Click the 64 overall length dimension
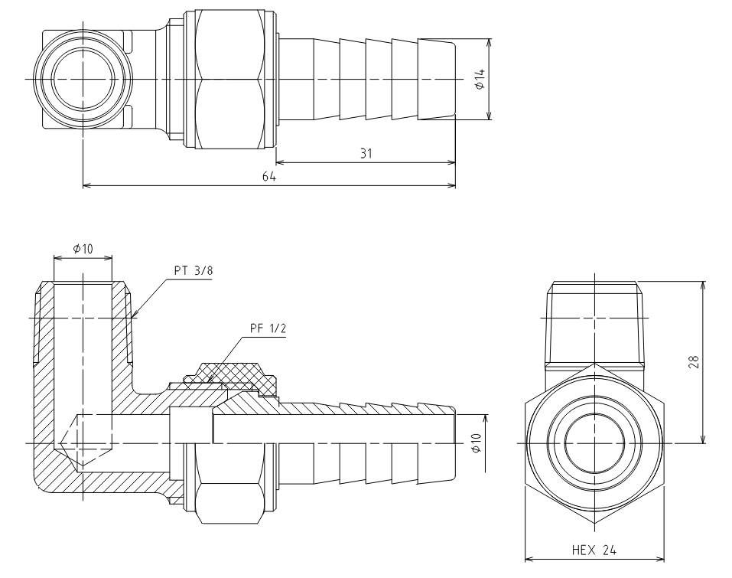click(x=269, y=177)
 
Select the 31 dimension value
click(x=366, y=153)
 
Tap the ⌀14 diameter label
click(x=480, y=80)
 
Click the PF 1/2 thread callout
click(x=268, y=328)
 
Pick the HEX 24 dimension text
click(x=594, y=550)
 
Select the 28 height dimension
click(x=695, y=362)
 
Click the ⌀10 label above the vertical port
click(x=83, y=249)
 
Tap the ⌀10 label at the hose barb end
click(x=476, y=442)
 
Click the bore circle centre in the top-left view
click(x=83, y=79)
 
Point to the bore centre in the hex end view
click(x=594, y=442)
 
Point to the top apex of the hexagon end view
click(x=594, y=362)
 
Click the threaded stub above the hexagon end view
click(x=594, y=325)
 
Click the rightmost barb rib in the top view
click(x=436, y=79)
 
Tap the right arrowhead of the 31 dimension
click(x=451, y=162)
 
